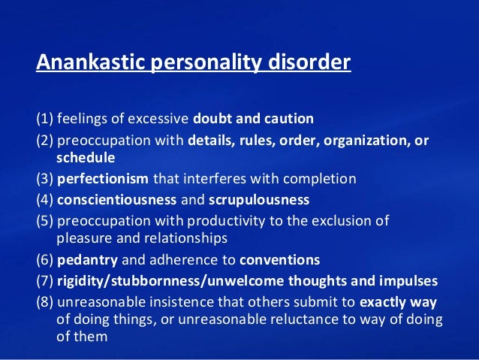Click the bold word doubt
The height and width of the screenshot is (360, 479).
[212, 119]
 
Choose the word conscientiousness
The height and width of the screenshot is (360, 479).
[115, 200]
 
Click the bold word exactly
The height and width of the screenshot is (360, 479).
[387, 302]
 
